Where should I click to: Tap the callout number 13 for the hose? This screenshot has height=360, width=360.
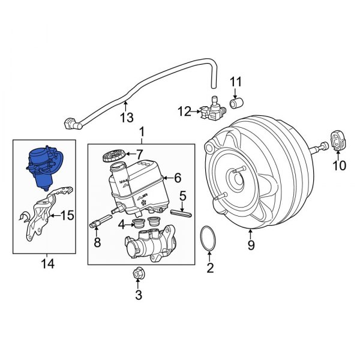coord(125,118)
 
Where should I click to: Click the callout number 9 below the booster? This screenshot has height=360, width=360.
coord(251,244)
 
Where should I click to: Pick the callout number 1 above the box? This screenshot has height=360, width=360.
coord(142,131)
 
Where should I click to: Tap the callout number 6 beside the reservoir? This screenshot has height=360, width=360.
coord(177,177)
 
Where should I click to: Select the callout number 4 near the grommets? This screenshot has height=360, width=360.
coord(122,225)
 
